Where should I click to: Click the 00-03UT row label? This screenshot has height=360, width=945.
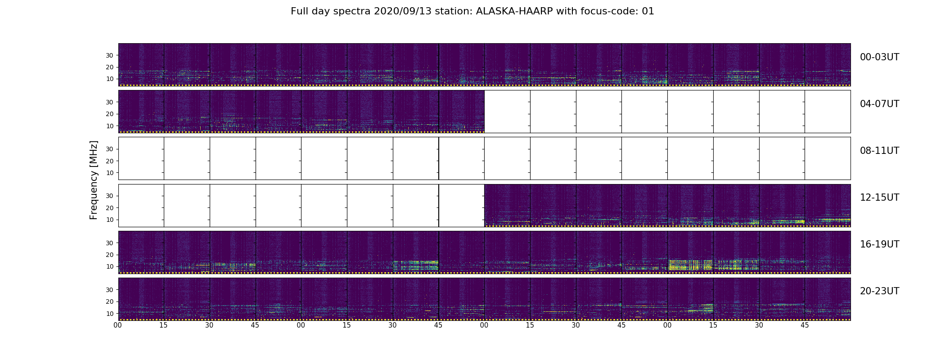pyautogui.click(x=879, y=57)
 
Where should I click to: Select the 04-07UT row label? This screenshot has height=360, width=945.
pyautogui.click(x=879, y=104)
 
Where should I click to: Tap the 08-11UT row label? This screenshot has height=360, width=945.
pyautogui.click(x=879, y=151)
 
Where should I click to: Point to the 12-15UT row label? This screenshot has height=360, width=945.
pyautogui.click(x=879, y=198)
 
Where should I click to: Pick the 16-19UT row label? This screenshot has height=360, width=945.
pyautogui.click(x=879, y=244)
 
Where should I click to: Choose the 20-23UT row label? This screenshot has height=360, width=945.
pyautogui.click(x=879, y=291)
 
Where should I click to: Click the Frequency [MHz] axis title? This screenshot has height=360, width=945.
pyautogui.click(x=94, y=180)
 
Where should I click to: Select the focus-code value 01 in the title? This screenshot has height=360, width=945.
pyautogui.click(x=648, y=11)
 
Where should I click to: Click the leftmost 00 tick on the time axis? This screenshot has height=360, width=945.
pyautogui.click(x=118, y=325)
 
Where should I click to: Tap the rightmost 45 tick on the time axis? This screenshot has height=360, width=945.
pyautogui.click(x=805, y=325)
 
